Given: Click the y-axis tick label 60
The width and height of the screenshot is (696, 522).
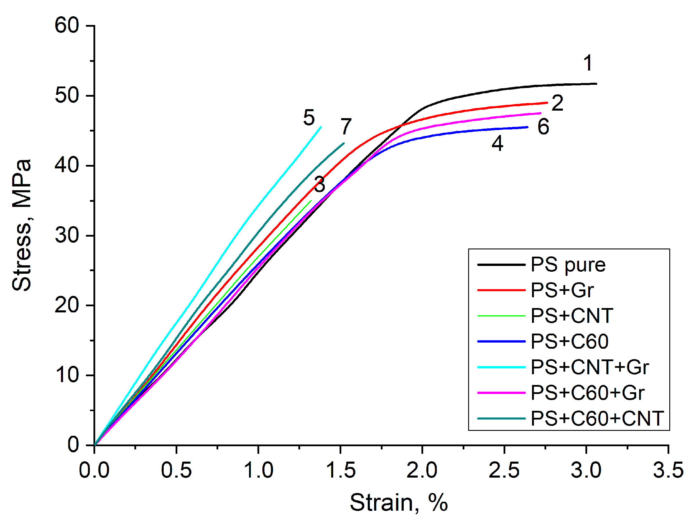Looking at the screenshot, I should coord(66,25).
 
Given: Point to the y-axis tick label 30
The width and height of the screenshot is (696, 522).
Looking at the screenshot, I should coord(66,235).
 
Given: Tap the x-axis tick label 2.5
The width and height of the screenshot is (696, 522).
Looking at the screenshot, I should coord(504,471).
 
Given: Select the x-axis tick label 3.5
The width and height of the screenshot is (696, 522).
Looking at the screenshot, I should coord(668,471).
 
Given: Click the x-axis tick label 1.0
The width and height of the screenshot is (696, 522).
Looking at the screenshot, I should coord(258,471).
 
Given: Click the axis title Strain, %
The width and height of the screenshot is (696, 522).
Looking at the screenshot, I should coord(399,503).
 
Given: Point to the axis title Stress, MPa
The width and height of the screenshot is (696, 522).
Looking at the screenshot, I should coord(22,225).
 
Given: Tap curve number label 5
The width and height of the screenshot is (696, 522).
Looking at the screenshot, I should coord(309,118).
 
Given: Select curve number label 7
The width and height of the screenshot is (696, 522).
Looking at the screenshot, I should coord(346,127).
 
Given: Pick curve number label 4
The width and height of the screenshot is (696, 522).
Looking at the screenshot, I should coord(497,143).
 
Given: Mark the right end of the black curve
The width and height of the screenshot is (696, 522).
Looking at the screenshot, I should coord(596,84).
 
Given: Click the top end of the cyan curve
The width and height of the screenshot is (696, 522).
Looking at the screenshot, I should coord(321,127).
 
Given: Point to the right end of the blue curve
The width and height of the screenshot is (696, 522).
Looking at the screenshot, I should coord(528,127).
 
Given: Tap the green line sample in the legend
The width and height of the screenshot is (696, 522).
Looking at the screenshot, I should coord(501,316).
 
